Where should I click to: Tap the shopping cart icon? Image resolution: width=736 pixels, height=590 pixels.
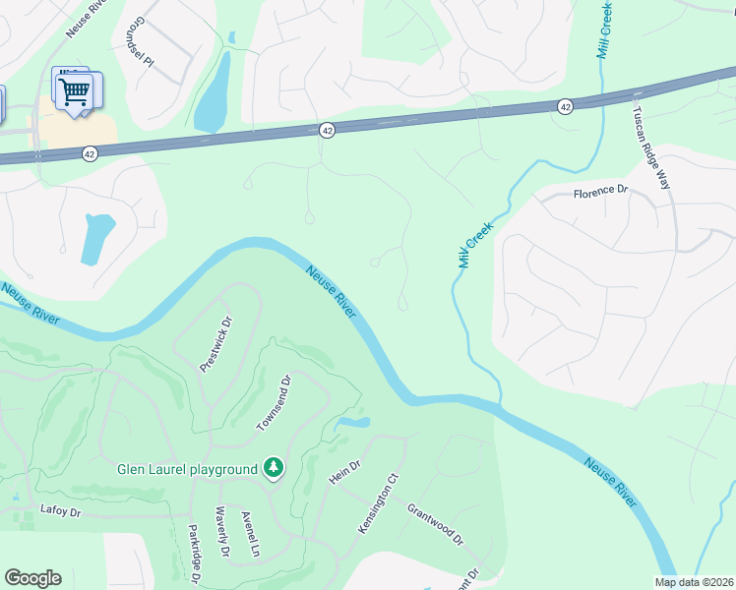(x=75, y=91)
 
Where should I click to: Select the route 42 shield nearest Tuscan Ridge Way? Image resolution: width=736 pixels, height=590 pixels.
(x=565, y=107)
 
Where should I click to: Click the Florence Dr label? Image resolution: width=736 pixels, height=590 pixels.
(x=600, y=192)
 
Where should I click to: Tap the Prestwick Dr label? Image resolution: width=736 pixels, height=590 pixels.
(x=215, y=343)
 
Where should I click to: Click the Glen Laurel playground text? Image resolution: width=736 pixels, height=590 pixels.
(x=187, y=469)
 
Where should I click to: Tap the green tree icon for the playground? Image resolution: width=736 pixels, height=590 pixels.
(x=274, y=469)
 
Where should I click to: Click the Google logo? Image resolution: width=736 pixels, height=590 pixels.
(x=32, y=578)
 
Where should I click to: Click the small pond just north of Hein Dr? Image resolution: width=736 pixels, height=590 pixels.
(x=352, y=424)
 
